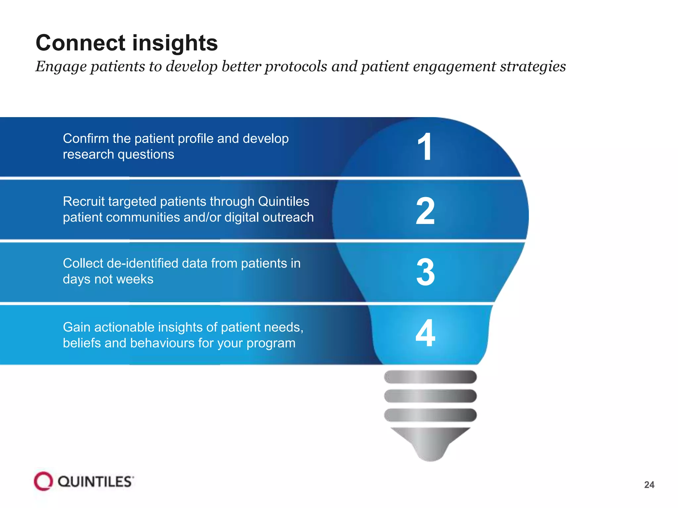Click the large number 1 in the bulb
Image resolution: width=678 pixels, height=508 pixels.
[425, 147]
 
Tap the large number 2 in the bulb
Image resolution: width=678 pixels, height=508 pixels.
[425, 211]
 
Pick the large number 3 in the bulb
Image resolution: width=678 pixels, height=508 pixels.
[425, 272]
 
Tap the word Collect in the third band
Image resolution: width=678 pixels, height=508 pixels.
[83, 264]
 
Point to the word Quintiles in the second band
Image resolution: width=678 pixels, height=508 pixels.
[283, 201]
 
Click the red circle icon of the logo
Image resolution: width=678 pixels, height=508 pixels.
[43, 481]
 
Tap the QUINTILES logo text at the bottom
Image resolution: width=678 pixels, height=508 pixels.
[95, 482]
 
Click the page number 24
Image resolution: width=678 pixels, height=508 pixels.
[649, 485]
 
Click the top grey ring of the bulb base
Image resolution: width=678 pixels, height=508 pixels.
[430, 377]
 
